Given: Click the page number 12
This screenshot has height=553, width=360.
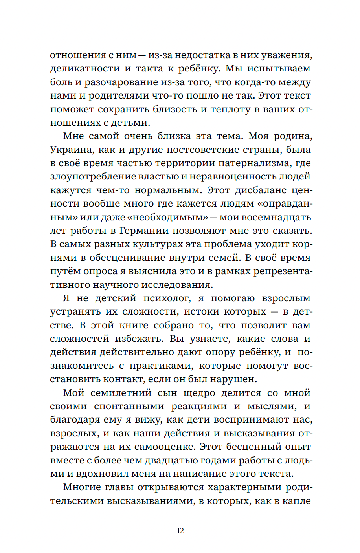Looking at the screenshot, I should [x=180, y=531].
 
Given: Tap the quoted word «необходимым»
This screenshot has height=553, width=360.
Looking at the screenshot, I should [x=168, y=217].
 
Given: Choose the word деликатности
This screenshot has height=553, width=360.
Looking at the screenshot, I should [x=85, y=69].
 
